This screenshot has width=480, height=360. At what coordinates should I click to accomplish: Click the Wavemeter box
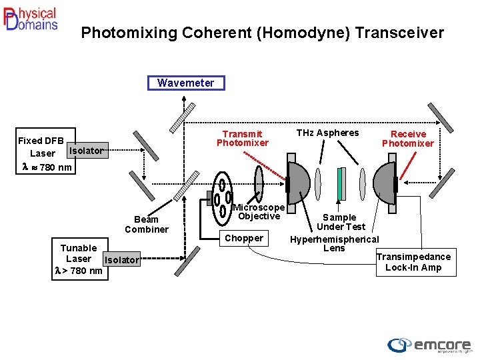(186, 83)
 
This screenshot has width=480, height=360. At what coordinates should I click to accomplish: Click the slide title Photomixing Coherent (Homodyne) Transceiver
(262, 33)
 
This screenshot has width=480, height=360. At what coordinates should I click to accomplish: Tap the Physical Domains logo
(31, 19)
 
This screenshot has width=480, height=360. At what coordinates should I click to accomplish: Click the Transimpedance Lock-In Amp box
(413, 262)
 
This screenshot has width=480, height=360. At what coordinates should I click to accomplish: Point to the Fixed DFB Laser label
(41, 147)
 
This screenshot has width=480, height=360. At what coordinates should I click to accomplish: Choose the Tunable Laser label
(79, 259)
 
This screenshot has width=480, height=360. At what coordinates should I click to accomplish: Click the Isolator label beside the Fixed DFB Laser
(86, 151)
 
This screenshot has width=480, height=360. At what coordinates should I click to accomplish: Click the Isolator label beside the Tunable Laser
(122, 260)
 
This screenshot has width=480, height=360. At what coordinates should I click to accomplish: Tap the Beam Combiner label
(147, 224)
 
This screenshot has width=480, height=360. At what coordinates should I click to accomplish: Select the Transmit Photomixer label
(242, 138)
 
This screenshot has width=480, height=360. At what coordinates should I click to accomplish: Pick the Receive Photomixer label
(407, 139)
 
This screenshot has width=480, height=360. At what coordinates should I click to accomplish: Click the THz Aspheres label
(327, 133)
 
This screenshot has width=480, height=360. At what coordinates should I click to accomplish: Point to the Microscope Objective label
(259, 211)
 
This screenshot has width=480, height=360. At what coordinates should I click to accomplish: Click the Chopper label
(244, 238)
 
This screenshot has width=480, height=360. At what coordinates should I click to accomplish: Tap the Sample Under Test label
(340, 222)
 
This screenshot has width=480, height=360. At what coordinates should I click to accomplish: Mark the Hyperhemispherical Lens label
(334, 243)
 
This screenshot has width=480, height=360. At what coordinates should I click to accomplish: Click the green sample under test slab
(341, 184)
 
